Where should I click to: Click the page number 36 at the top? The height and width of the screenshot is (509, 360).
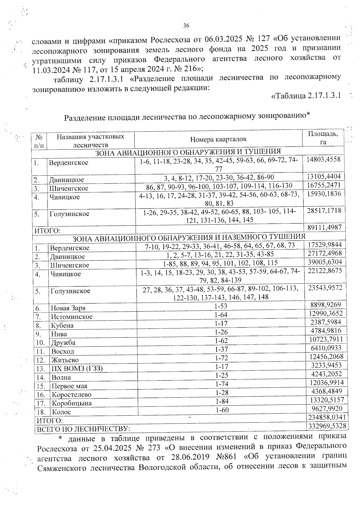186,26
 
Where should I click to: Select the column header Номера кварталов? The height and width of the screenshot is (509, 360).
218,139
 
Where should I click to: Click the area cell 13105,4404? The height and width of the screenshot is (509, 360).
323,176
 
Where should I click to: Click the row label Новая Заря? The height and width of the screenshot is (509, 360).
68,308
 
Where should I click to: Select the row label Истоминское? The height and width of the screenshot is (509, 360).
72,317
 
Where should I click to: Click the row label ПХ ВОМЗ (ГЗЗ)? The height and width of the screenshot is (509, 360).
77,369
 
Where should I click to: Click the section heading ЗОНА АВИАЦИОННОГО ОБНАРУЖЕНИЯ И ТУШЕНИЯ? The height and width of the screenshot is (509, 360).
188,151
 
